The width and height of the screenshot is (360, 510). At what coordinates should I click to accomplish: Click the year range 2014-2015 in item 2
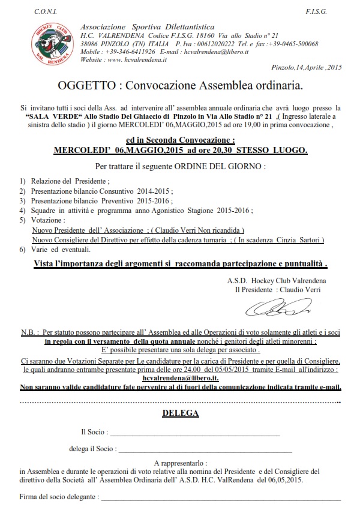155,190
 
